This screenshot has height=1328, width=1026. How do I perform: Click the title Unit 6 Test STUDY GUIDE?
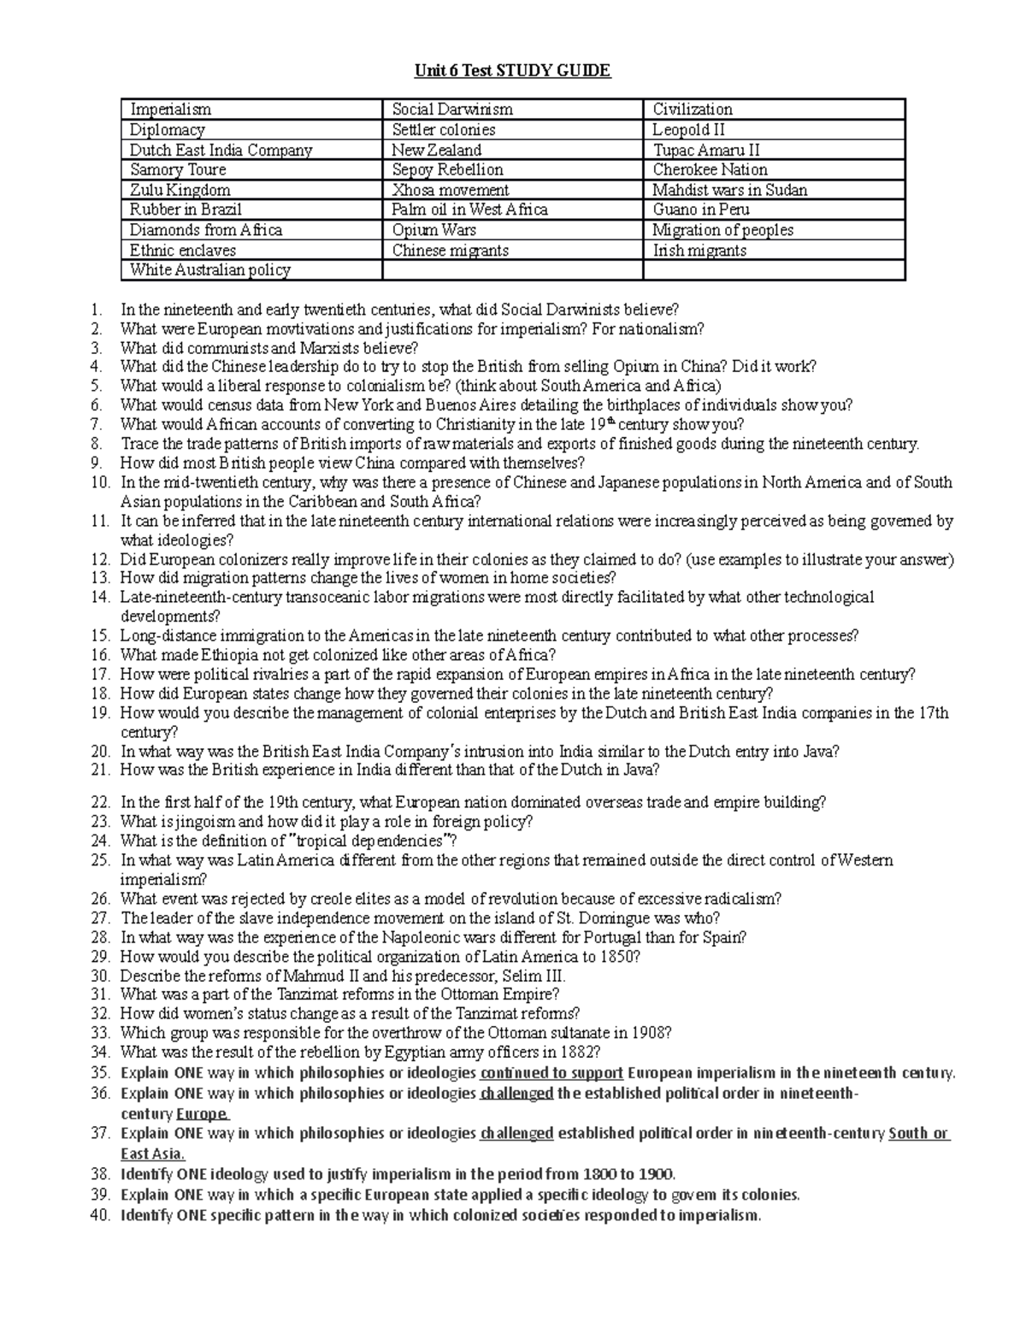[x=512, y=71]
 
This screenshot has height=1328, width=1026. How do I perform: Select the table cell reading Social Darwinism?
[x=452, y=109]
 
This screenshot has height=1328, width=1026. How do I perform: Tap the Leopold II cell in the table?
[x=689, y=130]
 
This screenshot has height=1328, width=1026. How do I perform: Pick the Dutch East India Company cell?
[x=221, y=151]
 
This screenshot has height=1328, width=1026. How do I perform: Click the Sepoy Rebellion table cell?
[x=447, y=170]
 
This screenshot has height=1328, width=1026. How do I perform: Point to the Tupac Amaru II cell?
[x=706, y=151]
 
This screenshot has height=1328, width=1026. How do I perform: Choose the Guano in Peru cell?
[x=701, y=210]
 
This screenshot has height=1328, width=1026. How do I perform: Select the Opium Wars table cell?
[x=434, y=230]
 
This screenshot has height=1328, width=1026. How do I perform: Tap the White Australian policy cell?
[x=210, y=270]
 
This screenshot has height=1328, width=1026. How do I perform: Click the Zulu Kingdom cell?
[x=180, y=190]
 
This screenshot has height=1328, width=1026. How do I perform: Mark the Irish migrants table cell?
[x=699, y=251]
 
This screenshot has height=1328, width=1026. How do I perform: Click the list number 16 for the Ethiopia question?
[x=100, y=656]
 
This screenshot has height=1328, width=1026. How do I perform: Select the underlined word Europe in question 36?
[x=202, y=1114]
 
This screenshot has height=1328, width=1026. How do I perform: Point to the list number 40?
[x=100, y=1215]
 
